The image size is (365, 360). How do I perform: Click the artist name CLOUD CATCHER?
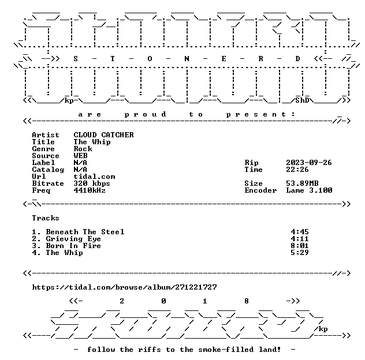point(103,135)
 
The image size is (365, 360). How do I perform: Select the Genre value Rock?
point(83,149)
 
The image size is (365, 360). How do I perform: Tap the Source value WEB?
point(80,156)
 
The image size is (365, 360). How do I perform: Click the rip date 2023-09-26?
point(309,163)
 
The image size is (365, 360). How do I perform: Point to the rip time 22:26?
point(297,170)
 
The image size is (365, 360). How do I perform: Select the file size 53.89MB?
point(302,183)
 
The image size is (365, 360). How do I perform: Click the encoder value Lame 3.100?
point(309,190)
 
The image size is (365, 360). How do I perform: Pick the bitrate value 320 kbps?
point(92,183)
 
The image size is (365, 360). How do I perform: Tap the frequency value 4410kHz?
point(90,190)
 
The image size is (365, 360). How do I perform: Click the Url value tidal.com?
point(94,177)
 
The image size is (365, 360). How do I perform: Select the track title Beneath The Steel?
point(85,232)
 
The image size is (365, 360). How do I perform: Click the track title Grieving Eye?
point(73,239)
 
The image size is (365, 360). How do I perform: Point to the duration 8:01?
point(300,246)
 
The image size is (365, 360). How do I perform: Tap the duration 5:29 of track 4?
point(300,253)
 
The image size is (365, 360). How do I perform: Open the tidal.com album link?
point(124,287)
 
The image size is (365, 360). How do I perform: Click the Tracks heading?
point(46,218)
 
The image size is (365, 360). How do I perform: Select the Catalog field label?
point(48,170)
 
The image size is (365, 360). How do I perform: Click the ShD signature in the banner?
point(302,100)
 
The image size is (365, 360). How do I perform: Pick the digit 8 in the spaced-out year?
point(247,301)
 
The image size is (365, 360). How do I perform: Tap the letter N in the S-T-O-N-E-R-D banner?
point(187,59)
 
